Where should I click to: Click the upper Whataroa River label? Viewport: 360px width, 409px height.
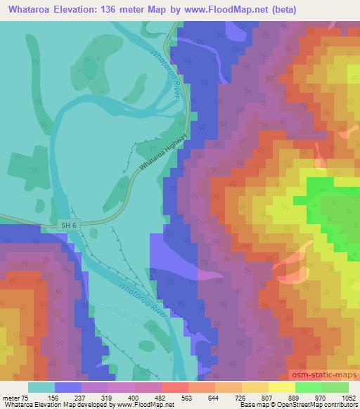(x=167, y=72)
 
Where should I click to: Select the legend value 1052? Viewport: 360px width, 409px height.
(x=348, y=397)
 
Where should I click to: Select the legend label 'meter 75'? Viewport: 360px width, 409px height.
(x=15, y=397)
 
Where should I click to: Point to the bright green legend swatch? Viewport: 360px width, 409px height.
(x=309, y=387)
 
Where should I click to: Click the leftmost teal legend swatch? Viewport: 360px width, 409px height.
(x=41, y=387)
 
